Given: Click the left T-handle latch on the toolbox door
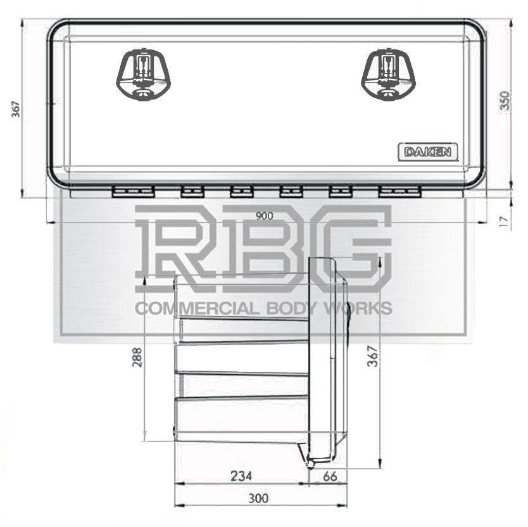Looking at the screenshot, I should [144, 73].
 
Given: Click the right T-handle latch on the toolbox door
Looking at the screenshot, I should [387, 73].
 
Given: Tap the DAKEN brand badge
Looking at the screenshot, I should [428, 152].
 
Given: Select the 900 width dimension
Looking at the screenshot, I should [264, 216].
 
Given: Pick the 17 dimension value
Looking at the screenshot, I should [504, 222].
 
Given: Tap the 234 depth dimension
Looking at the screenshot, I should [241, 475].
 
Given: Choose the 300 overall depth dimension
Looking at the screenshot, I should [258, 498].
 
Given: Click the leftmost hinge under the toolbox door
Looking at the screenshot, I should [130, 192].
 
